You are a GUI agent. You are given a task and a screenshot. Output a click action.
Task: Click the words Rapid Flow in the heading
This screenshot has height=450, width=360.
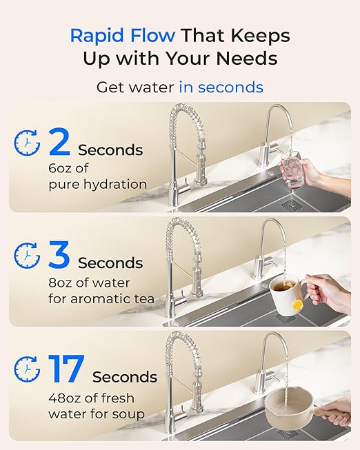[121, 35]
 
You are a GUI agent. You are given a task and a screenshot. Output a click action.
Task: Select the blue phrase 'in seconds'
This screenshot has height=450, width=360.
[221, 88]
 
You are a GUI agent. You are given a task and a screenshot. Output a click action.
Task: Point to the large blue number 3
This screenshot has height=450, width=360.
[59, 255]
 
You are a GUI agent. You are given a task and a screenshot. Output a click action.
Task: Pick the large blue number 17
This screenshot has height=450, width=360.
[66, 369]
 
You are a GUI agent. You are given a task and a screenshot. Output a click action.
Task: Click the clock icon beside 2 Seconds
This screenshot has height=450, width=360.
[27, 143]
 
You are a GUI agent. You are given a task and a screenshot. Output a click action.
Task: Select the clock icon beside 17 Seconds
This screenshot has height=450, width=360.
[27, 370]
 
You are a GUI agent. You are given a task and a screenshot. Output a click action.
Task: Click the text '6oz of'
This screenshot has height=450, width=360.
[68, 167]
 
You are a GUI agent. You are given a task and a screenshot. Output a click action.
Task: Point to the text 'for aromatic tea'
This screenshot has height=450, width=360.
[101, 299]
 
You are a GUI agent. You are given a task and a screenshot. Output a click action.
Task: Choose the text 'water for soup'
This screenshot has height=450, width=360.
[96, 413]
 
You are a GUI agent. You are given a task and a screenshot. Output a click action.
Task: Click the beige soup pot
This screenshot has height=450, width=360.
[288, 409]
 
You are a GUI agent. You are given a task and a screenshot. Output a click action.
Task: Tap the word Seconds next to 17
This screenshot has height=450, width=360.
[125, 377]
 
